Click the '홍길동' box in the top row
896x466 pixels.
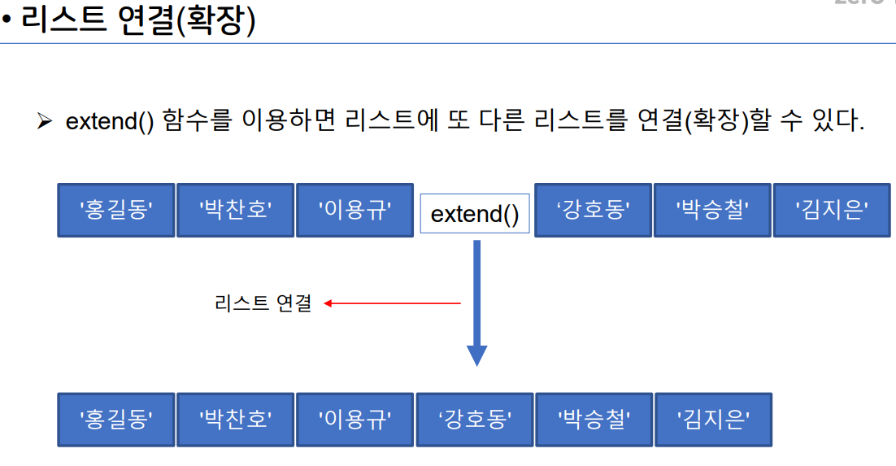[x=115, y=210]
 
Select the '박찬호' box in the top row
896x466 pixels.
[x=235, y=210]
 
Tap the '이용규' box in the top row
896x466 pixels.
[x=354, y=210]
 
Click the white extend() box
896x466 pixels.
[x=475, y=214]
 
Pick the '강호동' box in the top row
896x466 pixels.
[x=594, y=210]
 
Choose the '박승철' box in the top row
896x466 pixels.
[x=712, y=210]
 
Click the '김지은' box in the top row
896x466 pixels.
[x=832, y=210]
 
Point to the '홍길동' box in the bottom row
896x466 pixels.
[x=115, y=420]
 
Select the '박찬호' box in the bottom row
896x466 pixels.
[x=235, y=420]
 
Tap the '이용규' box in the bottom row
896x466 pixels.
[x=354, y=420]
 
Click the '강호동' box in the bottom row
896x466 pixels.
[x=475, y=420]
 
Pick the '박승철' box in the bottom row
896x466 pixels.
[x=594, y=420]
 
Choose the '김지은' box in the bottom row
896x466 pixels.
[x=713, y=420]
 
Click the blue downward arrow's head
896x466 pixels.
[x=476, y=355]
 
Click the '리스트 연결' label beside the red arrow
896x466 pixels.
[x=263, y=304]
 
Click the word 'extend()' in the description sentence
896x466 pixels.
[x=110, y=122]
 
